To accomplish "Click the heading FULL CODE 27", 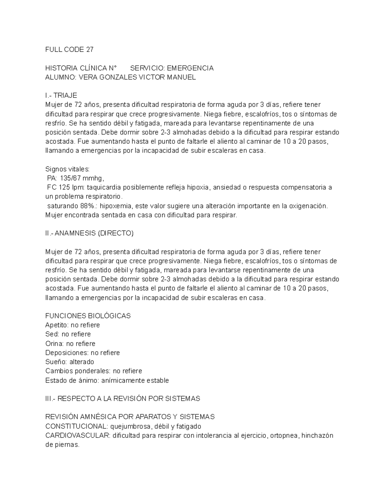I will pos(69,50).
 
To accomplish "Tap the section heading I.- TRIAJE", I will pos(61,96).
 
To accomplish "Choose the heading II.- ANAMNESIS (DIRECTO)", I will pos(89,233).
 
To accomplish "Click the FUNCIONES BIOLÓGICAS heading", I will pos(88,316).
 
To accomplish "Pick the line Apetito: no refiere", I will pos(72,325).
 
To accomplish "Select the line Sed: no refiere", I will pos(68,334).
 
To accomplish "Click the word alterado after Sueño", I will pos(82,362).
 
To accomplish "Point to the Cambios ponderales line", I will pos(94,371).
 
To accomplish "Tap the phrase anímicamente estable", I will pos(135,381).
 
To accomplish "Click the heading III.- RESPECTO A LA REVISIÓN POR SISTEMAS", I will pos(123,399).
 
